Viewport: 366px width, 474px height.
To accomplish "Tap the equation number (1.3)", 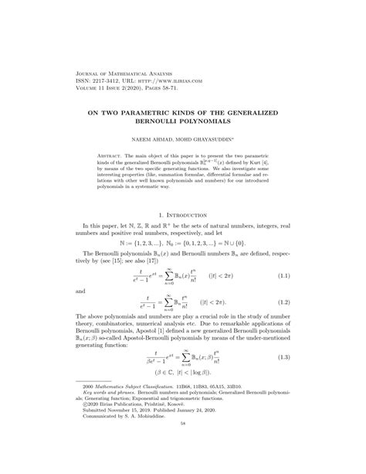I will tap(304, 379).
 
